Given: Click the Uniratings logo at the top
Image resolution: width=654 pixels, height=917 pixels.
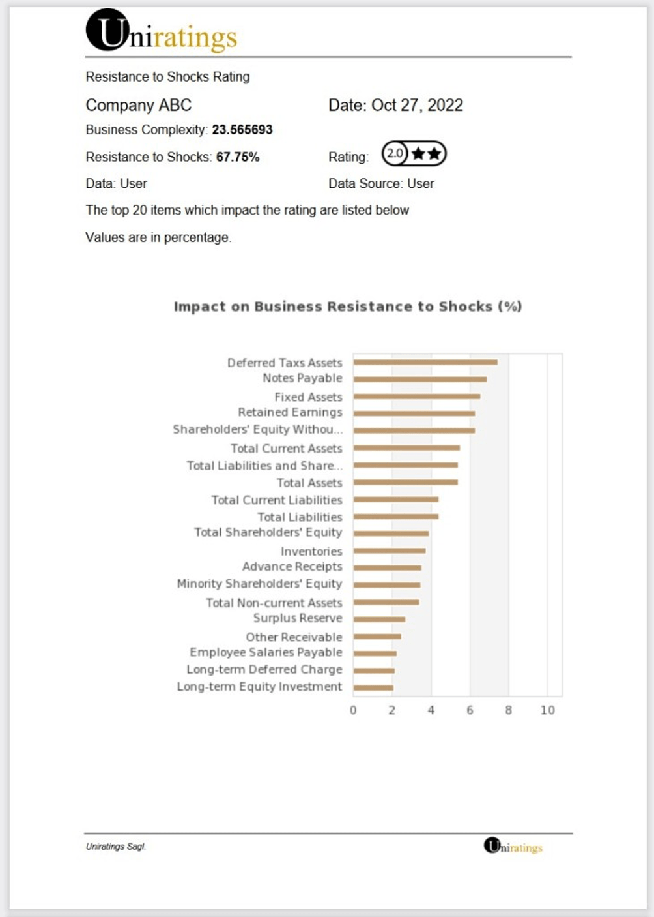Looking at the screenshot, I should pyautogui.click(x=161, y=31).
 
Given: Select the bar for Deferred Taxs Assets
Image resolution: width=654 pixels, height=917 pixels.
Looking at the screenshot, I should pyautogui.click(x=425, y=362).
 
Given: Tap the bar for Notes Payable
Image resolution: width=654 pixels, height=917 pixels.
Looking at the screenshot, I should pyautogui.click(x=419, y=379).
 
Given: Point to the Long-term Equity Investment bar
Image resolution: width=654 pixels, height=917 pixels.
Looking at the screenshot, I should pyautogui.click(x=373, y=687).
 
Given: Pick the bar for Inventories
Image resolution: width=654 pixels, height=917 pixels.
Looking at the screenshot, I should pyautogui.click(x=390, y=551).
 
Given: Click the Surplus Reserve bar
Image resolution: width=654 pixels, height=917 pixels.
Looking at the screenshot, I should pyautogui.click(x=379, y=619).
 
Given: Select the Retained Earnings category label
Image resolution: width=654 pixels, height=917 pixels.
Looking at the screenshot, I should pyautogui.click(x=290, y=412).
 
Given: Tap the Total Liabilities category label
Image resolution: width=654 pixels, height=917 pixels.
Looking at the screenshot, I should pyautogui.click(x=300, y=517).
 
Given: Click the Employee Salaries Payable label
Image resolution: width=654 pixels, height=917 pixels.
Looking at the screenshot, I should pyautogui.click(x=266, y=652).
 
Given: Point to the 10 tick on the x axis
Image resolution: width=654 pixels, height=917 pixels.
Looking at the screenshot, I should pyautogui.click(x=547, y=710).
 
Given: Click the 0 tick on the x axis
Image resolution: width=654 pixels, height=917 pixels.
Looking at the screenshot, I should pyautogui.click(x=353, y=710).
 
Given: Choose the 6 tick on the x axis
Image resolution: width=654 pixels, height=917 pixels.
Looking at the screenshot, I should pyautogui.click(x=470, y=710).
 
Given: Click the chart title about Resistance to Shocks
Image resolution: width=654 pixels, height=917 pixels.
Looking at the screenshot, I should pyautogui.click(x=348, y=307).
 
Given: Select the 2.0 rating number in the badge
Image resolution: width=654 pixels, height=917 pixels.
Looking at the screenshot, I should pyautogui.click(x=394, y=154).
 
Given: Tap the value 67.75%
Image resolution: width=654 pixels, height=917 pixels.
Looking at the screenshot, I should pyautogui.click(x=238, y=157).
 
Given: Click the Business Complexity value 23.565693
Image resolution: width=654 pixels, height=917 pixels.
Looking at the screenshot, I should pyautogui.click(x=242, y=130).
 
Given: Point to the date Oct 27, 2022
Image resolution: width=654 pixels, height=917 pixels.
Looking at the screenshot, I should pyautogui.click(x=417, y=105).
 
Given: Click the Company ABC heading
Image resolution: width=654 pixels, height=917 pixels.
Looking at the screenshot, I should pyautogui.click(x=139, y=105).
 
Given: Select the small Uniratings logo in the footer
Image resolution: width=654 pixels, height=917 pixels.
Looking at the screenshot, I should pyautogui.click(x=513, y=847).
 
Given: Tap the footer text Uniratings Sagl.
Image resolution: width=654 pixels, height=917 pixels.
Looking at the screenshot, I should pyautogui.click(x=115, y=847).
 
